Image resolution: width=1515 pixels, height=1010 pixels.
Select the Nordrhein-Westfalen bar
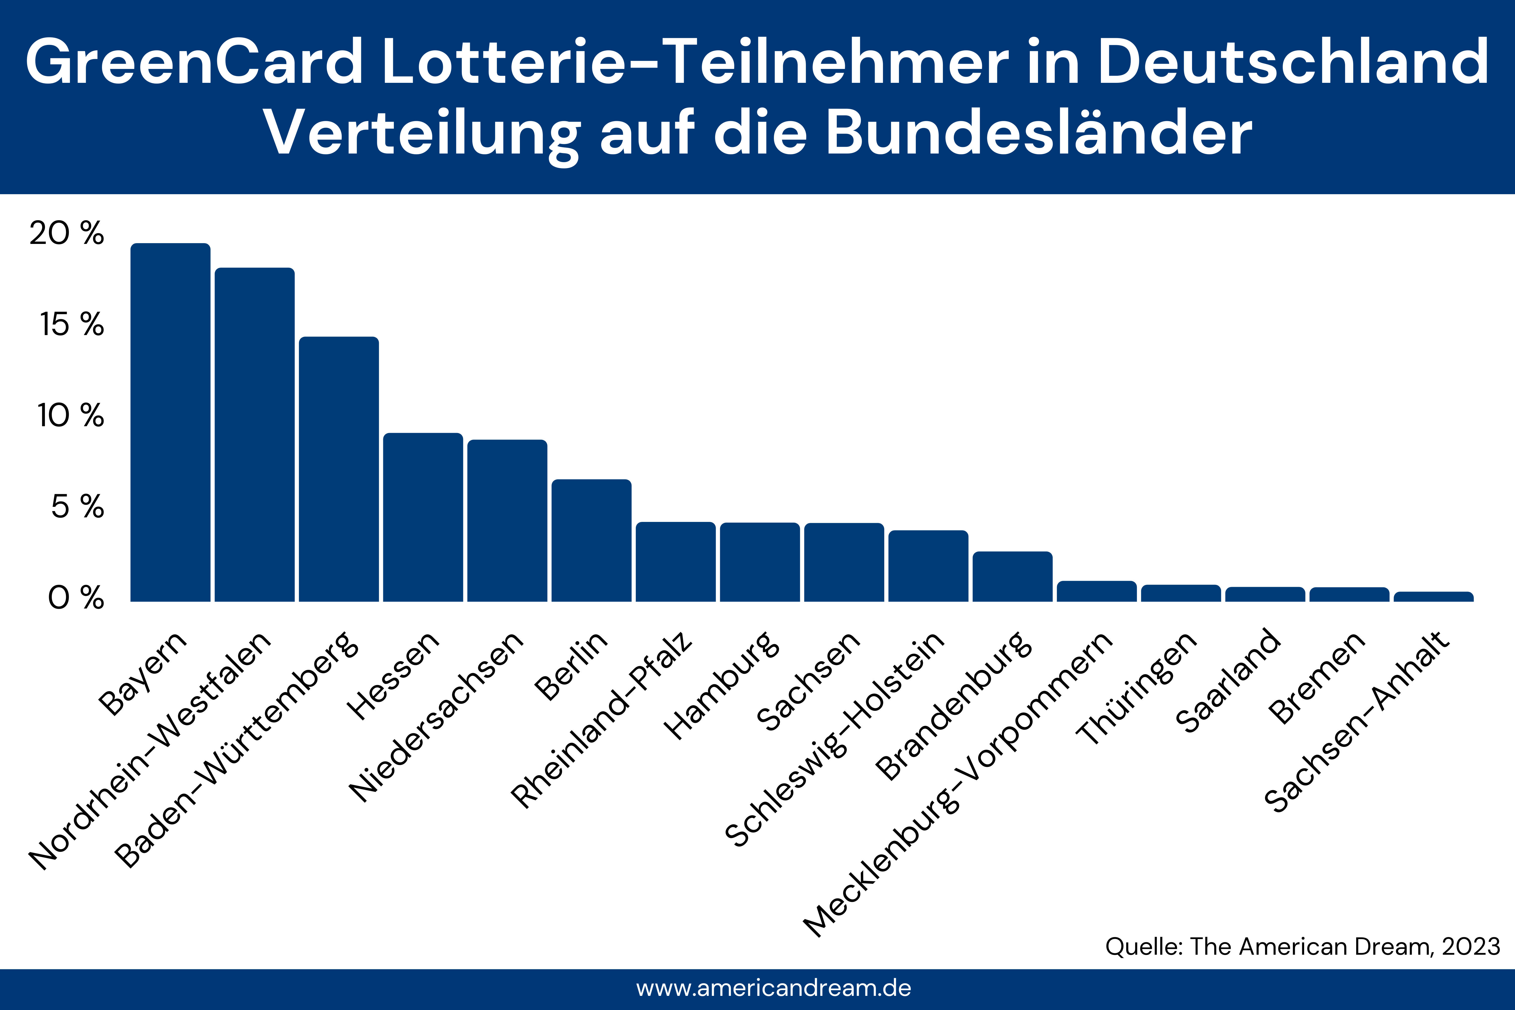pyautogui.click(x=255, y=435)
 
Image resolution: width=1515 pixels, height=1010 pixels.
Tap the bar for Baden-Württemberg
pyautogui.click(x=339, y=469)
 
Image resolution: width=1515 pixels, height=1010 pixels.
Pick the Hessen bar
pyautogui.click(x=423, y=517)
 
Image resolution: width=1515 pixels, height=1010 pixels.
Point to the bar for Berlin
pyautogui.click(x=591, y=540)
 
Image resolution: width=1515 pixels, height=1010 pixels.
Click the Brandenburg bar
pyautogui.click(x=1013, y=576)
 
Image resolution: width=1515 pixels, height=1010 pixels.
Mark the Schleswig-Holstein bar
pyautogui.click(x=928, y=566)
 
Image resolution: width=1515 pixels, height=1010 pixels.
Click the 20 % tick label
pyautogui.click(x=66, y=233)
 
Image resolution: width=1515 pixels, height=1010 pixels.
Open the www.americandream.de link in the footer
pyautogui.click(x=774, y=988)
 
